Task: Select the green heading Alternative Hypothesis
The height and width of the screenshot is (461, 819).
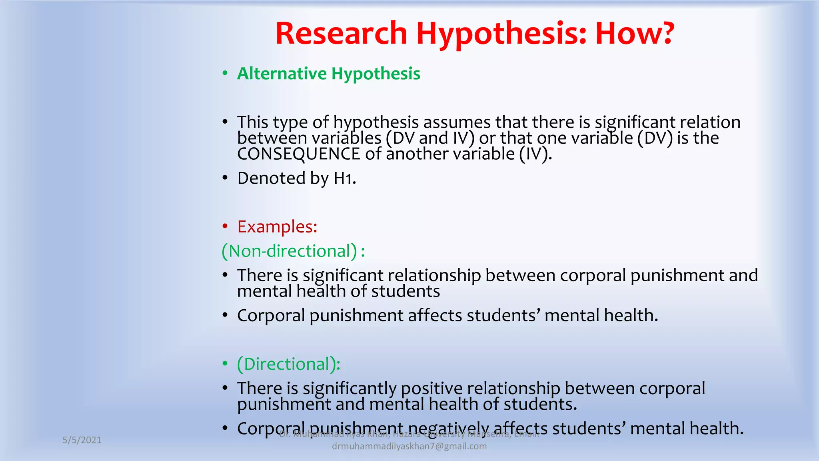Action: [x=328, y=74]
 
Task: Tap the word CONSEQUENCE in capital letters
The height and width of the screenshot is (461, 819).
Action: [x=298, y=154]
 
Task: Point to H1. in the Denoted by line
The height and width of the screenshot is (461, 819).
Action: [x=345, y=178]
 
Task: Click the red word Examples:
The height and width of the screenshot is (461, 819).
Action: [x=277, y=226]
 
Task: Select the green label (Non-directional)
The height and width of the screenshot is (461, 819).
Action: [x=290, y=251]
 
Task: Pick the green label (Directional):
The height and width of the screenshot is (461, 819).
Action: [x=288, y=364]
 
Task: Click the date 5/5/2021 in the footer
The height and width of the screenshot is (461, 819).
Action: [x=82, y=440]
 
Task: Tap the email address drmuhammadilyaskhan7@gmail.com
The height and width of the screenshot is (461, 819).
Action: [x=409, y=446]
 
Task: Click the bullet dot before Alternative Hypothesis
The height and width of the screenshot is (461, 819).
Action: [x=225, y=74]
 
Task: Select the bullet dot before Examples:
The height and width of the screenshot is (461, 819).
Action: [x=225, y=226]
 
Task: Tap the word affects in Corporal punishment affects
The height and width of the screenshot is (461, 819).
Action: [x=435, y=315]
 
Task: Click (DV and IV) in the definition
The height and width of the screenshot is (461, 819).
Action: [x=430, y=138]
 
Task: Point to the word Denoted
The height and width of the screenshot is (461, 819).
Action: [x=271, y=178]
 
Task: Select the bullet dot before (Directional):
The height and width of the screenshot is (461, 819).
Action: [x=225, y=364]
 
